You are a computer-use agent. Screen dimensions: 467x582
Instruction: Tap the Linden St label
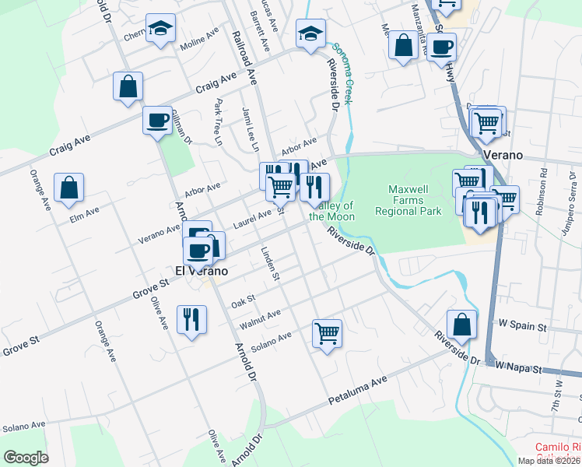(270, 263)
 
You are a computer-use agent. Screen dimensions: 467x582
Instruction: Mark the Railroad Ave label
(244, 57)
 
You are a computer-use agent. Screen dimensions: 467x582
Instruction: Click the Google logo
(26, 458)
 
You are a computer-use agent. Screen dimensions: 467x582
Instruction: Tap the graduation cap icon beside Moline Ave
(160, 30)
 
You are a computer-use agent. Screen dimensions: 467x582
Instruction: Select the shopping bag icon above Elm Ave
(68, 188)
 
